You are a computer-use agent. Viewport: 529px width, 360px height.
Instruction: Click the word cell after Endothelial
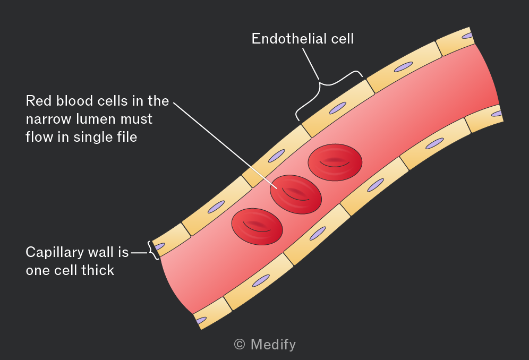[342, 38]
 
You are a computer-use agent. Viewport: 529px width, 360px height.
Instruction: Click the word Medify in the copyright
[274, 345]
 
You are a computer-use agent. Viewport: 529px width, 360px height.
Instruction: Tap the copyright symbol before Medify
[240, 345]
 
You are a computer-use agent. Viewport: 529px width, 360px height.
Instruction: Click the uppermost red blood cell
[335, 162]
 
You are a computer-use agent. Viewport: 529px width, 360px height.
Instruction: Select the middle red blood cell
[295, 194]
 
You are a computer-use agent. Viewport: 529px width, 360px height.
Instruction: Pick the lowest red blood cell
[257, 226]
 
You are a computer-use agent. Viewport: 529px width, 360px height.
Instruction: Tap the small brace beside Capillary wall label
[153, 251]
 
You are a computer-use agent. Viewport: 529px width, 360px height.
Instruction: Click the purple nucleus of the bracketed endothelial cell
[338, 108]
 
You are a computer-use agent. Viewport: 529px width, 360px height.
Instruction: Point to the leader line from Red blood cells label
[225, 145]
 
